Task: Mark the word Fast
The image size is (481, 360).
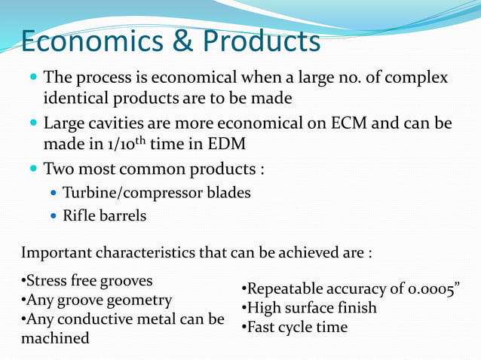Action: [x=262, y=328]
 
